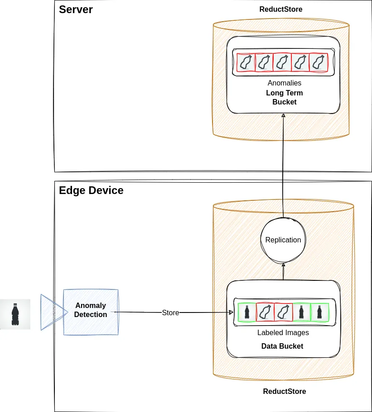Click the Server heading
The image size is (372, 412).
point(76,9)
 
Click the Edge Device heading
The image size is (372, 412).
point(91,190)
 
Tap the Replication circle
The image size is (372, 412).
point(283,240)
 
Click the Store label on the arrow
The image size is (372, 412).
point(170,313)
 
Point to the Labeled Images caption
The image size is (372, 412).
point(283,332)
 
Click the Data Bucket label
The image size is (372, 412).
point(282,346)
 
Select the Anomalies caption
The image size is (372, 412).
point(284,83)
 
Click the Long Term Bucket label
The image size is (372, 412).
point(284,97)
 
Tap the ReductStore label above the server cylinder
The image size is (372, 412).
point(280,9)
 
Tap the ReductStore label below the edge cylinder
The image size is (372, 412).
point(284,391)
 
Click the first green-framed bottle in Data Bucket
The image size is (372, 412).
point(246,312)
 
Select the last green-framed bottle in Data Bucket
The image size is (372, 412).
point(319,312)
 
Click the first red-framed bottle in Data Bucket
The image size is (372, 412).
point(265,312)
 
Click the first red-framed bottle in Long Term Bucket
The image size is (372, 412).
point(246,62)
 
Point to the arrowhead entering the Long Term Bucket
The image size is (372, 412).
point(283,116)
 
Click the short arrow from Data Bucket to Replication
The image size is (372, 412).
point(283,271)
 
